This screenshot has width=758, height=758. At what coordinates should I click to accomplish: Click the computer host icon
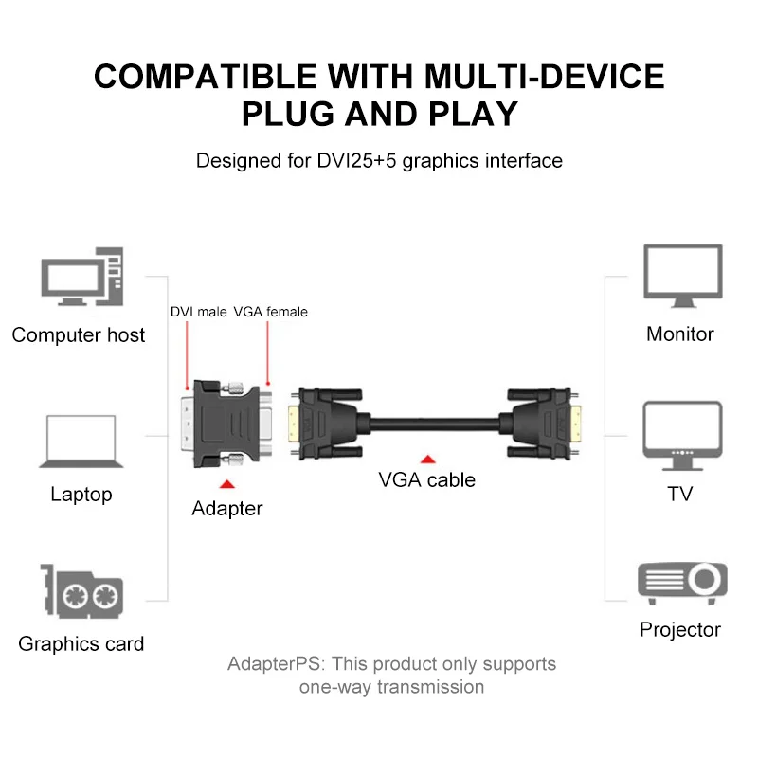(x=81, y=277)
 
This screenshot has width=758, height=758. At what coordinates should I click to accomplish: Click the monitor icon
(x=681, y=277)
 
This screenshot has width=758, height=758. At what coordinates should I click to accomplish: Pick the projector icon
(x=681, y=580)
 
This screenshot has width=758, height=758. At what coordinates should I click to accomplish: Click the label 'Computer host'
(x=79, y=334)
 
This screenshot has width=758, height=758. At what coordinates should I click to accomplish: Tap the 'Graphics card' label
(x=81, y=644)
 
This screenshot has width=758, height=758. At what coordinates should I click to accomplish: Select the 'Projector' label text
(x=680, y=629)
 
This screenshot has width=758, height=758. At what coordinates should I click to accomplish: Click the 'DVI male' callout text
(x=198, y=312)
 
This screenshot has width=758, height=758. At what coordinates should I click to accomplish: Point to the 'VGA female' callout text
(x=271, y=312)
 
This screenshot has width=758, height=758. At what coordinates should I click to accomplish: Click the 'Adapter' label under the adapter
(x=227, y=509)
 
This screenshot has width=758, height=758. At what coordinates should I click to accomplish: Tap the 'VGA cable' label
(x=426, y=479)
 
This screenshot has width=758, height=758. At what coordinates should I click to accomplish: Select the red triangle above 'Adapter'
(x=226, y=484)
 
